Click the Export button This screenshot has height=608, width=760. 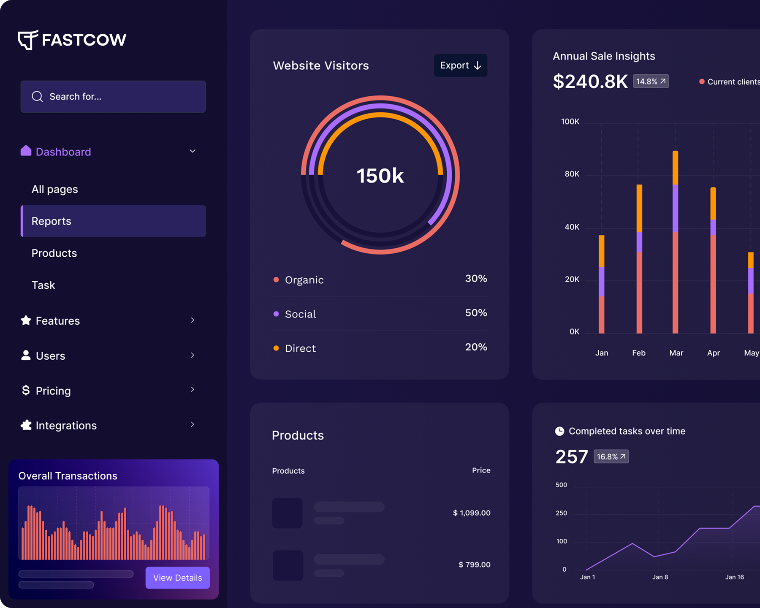tap(460, 65)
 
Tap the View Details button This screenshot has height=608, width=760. tap(177, 578)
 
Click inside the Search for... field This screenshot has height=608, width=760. tap(113, 97)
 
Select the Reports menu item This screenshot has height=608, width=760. tap(113, 221)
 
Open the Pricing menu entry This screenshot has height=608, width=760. tap(53, 391)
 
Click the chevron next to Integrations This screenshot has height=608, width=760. tap(193, 424)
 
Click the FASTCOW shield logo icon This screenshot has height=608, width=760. tap(28, 40)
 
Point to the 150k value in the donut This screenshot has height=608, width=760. tap(380, 176)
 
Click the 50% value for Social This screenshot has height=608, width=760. tap(476, 313)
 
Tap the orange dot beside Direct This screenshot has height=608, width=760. tap(276, 348)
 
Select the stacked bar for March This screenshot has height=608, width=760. tap(675, 242)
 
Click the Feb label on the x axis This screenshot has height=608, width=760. tap(638, 353)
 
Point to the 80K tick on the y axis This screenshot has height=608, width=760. tap(572, 174)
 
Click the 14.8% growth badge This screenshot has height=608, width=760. tap(651, 81)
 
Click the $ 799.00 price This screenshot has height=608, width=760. tap(474, 565)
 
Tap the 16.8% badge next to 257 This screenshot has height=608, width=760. tap(611, 456)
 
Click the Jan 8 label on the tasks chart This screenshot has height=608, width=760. tap(660, 577)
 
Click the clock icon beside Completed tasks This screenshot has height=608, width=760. tap(559, 431)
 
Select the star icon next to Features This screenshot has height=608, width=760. tap(26, 320)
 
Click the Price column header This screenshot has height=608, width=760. tap(481, 470)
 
